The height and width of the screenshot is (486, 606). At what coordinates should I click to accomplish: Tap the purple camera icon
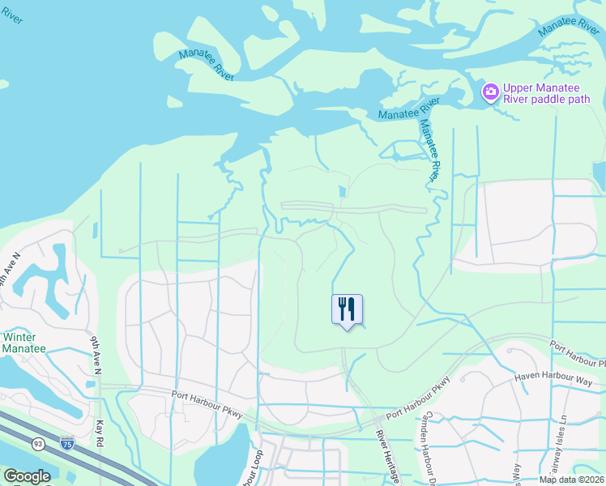(x=490, y=92)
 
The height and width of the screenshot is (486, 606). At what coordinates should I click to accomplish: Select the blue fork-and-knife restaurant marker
(x=347, y=309)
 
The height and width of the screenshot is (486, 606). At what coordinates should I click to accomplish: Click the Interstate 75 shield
(x=68, y=443)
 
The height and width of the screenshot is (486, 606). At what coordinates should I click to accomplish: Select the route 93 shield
(x=38, y=443)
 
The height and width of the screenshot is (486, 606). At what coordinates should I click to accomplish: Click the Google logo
(x=27, y=476)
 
